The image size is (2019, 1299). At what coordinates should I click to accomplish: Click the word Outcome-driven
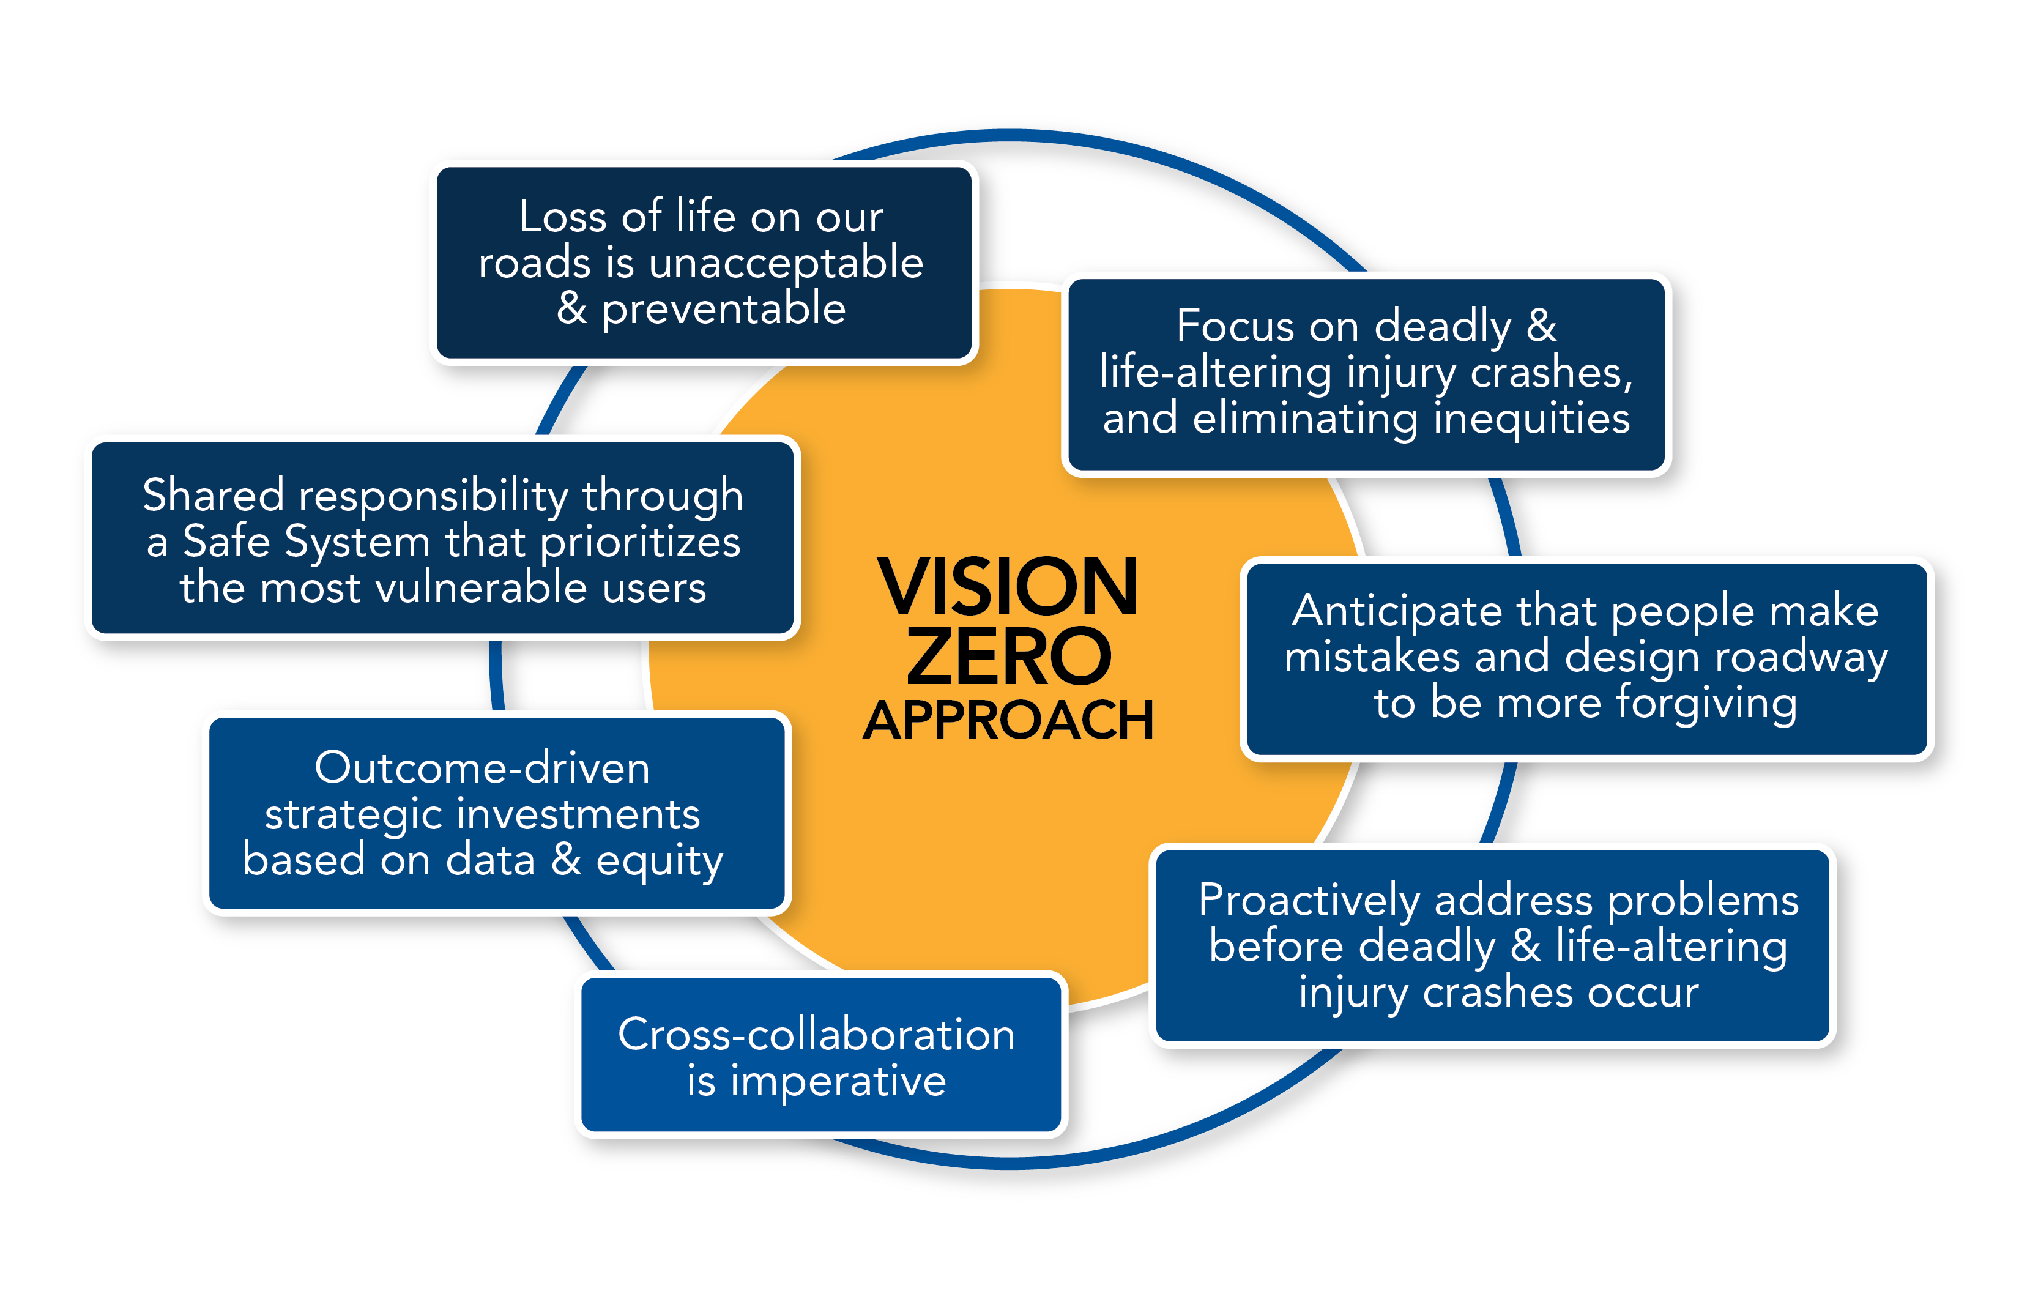coord(482,769)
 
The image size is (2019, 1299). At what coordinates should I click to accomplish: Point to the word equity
coord(660,862)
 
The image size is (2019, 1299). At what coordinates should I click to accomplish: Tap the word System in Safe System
coord(357,542)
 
